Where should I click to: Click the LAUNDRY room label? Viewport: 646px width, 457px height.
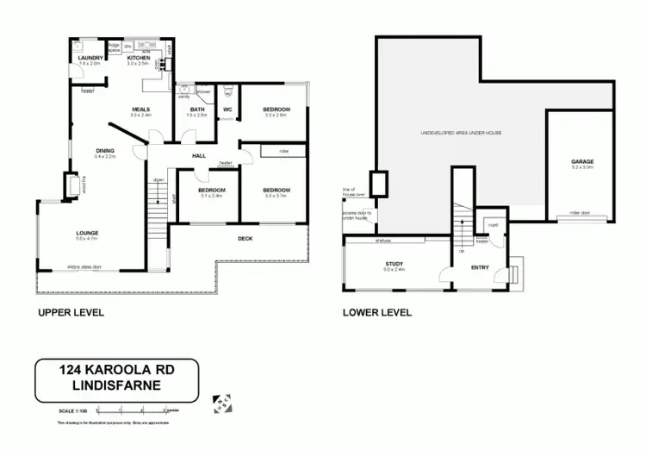(x=90, y=58)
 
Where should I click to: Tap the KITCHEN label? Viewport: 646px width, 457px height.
(x=139, y=58)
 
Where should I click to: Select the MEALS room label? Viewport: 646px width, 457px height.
(x=140, y=110)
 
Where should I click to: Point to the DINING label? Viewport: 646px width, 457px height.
(x=104, y=153)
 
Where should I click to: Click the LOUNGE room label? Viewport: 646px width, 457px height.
(x=86, y=233)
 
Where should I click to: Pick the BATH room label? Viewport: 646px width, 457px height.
(x=197, y=110)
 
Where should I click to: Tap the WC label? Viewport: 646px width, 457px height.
(x=228, y=110)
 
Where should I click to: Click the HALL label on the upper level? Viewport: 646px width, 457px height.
(x=199, y=155)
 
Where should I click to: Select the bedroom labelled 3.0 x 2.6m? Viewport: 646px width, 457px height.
(x=276, y=110)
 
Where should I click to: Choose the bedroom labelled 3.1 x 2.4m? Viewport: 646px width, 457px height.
(x=211, y=190)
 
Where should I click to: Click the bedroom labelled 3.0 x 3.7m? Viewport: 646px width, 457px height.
(x=276, y=190)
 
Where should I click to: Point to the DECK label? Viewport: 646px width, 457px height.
(x=245, y=238)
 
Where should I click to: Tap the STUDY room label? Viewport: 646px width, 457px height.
(x=395, y=264)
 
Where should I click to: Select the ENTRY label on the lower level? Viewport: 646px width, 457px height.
(x=480, y=267)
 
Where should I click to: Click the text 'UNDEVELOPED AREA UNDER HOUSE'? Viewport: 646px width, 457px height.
(x=460, y=133)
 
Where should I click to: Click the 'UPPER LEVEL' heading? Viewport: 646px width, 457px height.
(x=71, y=312)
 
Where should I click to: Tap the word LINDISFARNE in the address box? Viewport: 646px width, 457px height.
(x=116, y=387)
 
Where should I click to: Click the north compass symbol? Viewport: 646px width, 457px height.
(x=221, y=404)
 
